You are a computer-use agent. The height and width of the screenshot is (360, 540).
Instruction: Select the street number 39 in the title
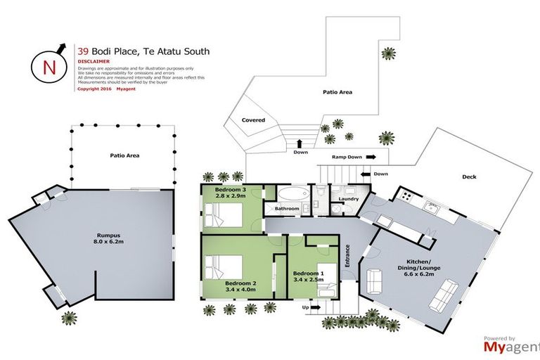82,51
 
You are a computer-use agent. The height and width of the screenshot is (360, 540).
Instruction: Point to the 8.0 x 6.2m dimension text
107,243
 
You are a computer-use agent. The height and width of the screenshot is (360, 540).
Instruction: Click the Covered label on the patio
253,120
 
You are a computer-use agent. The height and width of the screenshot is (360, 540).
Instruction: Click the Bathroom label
287,209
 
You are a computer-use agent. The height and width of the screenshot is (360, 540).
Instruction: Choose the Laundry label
349,199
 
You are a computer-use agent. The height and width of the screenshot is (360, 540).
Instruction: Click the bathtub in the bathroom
289,193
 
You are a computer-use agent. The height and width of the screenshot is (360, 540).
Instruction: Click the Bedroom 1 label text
308,274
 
